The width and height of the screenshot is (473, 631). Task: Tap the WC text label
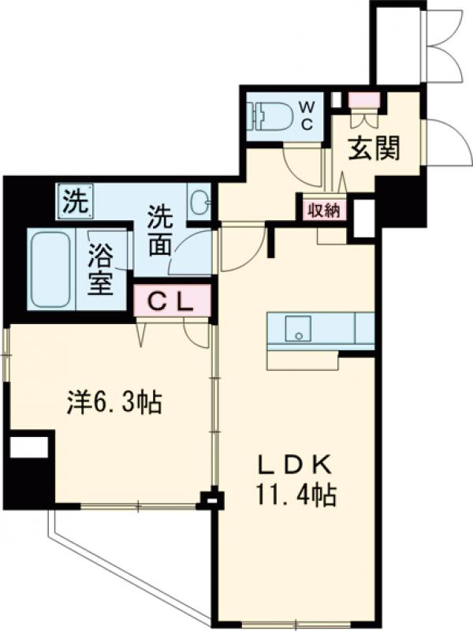(307, 115)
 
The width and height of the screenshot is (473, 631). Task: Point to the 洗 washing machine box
(75, 199)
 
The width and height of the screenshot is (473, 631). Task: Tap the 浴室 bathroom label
(101, 270)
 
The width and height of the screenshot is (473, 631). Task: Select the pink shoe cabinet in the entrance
(365, 100)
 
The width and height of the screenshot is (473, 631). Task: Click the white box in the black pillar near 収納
(363, 218)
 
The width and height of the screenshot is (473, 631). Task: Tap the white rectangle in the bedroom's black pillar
(28, 447)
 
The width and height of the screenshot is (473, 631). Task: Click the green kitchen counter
(320, 328)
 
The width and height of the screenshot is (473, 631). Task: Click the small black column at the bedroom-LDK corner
(210, 499)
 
